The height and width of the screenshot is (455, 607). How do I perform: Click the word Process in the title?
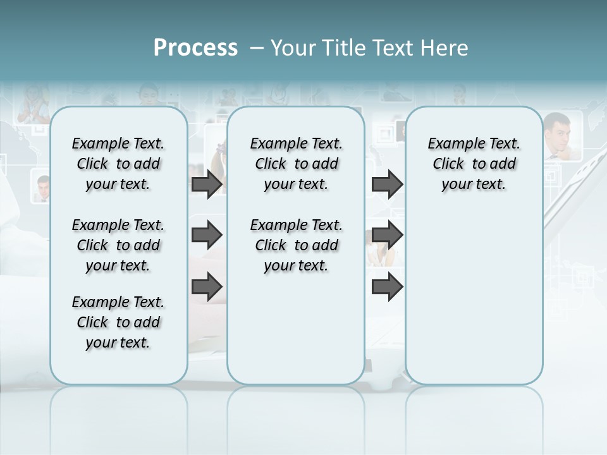195,48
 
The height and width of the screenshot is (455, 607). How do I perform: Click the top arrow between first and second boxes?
207,185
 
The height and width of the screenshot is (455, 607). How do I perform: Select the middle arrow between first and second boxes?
207,235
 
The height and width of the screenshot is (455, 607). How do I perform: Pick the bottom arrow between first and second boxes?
207,287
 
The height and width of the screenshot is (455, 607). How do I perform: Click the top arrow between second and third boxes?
387,185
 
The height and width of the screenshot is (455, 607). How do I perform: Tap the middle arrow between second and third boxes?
387,235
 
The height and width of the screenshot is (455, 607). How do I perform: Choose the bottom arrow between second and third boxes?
387,287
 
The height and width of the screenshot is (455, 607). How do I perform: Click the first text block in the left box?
118,164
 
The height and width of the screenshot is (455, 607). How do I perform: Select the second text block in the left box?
118,245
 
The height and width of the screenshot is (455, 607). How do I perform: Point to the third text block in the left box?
118,322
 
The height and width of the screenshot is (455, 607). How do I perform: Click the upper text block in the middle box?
296,164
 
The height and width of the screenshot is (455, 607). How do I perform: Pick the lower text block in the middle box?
296,245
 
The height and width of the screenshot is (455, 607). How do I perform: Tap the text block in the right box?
474,164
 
